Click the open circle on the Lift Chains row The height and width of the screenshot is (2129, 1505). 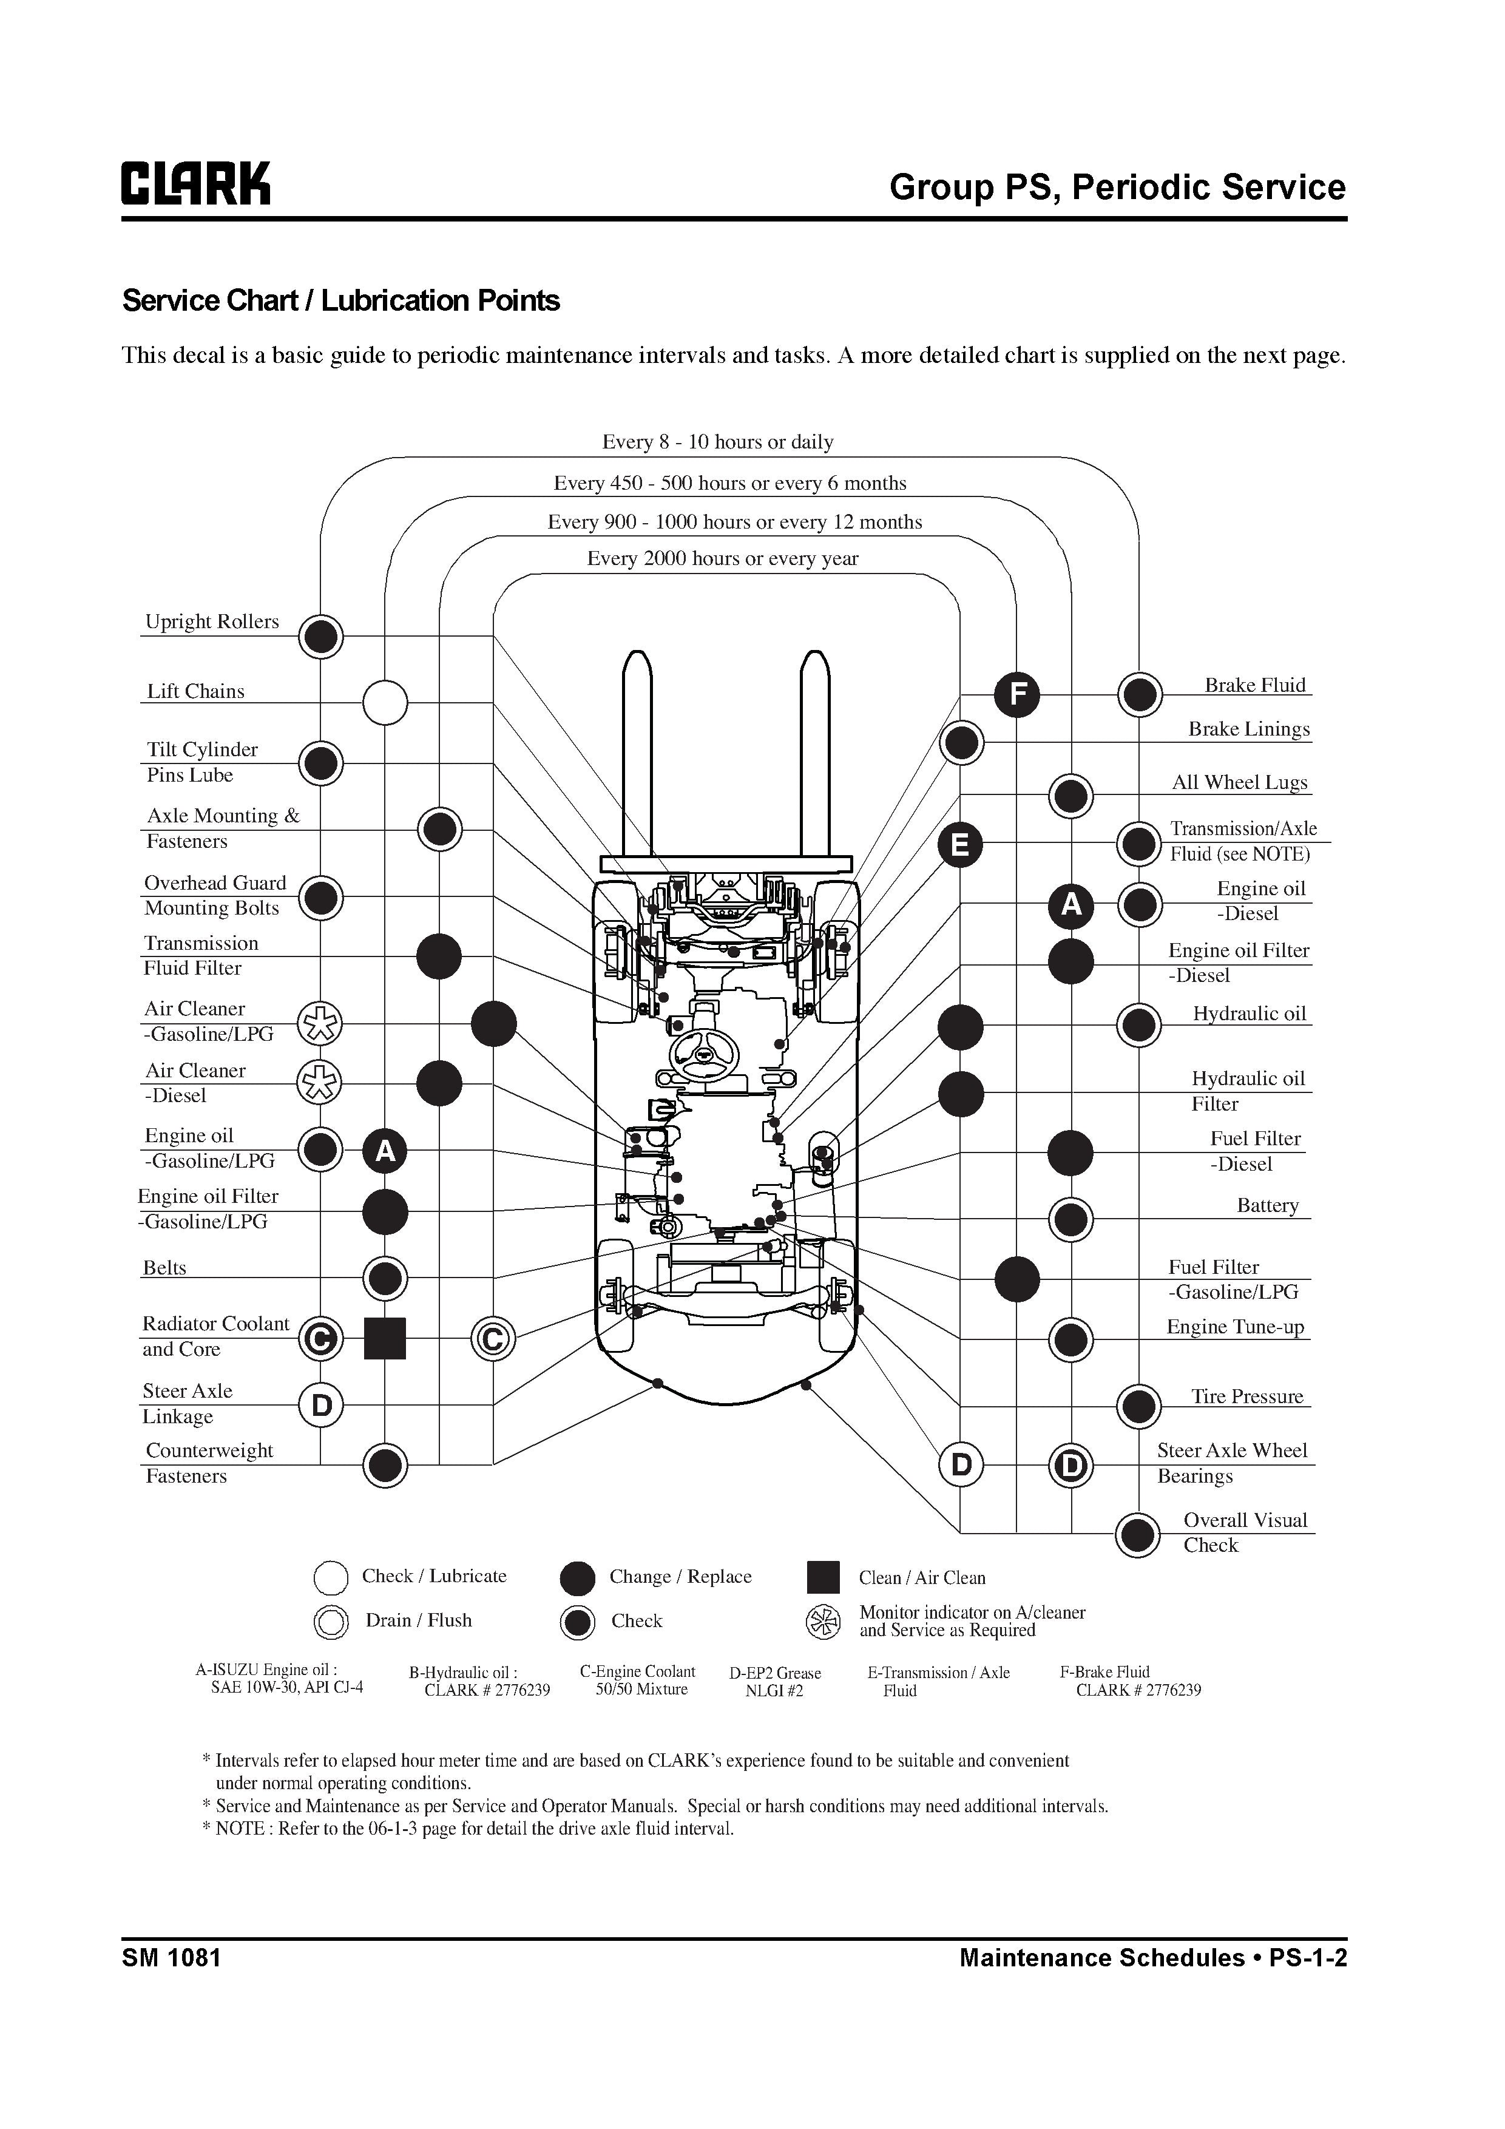[385, 702]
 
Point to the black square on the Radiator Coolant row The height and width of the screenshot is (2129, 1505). [385, 1338]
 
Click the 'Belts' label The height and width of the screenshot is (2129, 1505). [164, 1268]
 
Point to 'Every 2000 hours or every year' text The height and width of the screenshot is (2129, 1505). [722, 558]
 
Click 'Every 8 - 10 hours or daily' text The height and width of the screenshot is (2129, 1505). [718, 442]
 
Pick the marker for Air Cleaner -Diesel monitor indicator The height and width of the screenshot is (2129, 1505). [319, 1082]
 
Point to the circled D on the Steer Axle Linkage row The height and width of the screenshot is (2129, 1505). [321, 1406]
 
